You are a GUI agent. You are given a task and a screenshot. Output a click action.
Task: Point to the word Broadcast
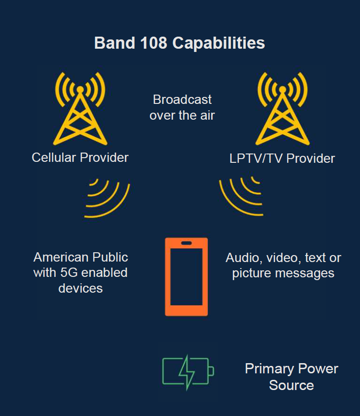(182, 100)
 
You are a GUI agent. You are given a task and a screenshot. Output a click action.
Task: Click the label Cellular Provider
(80, 158)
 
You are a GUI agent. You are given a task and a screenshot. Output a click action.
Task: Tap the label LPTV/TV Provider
(282, 159)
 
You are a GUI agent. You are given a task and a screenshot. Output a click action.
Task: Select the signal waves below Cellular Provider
(106, 198)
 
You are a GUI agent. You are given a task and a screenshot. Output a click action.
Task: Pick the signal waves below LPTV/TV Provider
(241, 197)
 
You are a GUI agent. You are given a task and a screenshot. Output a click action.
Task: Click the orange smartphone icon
(186, 277)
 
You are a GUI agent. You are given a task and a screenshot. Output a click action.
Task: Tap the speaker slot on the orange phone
(186, 243)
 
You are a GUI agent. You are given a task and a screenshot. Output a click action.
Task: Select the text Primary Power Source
(291, 377)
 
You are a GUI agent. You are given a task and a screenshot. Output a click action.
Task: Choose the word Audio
(243, 258)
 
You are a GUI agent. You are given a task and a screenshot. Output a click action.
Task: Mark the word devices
(80, 288)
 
